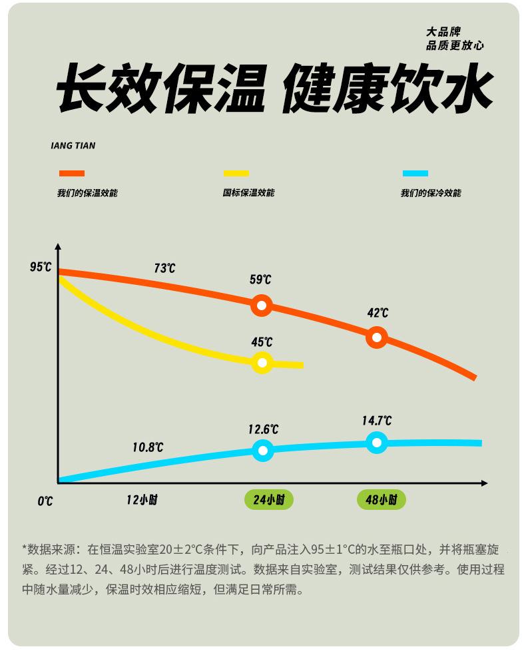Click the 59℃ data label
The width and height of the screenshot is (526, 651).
pyautogui.click(x=260, y=280)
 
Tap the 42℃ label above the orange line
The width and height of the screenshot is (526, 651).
pyautogui.click(x=378, y=313)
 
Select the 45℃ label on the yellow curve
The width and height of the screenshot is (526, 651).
pyautogui.click(x=262, y=342)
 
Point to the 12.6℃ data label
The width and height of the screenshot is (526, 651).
pyautogui.click(x=263, y=429)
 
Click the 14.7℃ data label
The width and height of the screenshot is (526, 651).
pyautogui.click(x=377, y=421)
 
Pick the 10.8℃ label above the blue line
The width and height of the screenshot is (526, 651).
pyautogui.click(x=147, y=447)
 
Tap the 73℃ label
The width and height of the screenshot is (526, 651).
pyautogui.click(x=164, y=268)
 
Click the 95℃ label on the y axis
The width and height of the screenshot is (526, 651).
pyautogui.click(x=41, y=267)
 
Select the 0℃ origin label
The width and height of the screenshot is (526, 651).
pyautogui.click(x=45, y=501)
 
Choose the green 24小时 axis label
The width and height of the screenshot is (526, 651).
pyautogui.click(x=268, y=499)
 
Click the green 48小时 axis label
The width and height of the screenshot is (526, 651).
pyautogui.click(x=381, y=499)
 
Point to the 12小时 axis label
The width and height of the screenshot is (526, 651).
pyautogui.click(x=142, y=499)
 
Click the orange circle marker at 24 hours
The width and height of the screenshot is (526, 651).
pyautogui.click(x=262, y=306)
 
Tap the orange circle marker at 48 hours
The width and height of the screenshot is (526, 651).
pyautogui.click(x=377, y=337)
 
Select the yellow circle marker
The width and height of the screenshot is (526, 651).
pyautogui.click(x=262, y=363)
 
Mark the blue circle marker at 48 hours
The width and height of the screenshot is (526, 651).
pyautogui.click(x=377, y=443)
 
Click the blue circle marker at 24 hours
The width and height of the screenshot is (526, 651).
pyautogui.click(x=263, y=451)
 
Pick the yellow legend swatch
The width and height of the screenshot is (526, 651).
pyautogui.click(x=236, y=174)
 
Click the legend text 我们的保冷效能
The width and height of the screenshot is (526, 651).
pyautogui.click(x=430, y=193)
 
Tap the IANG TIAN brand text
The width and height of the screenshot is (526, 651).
pyautogui.click(x=73, y=146)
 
